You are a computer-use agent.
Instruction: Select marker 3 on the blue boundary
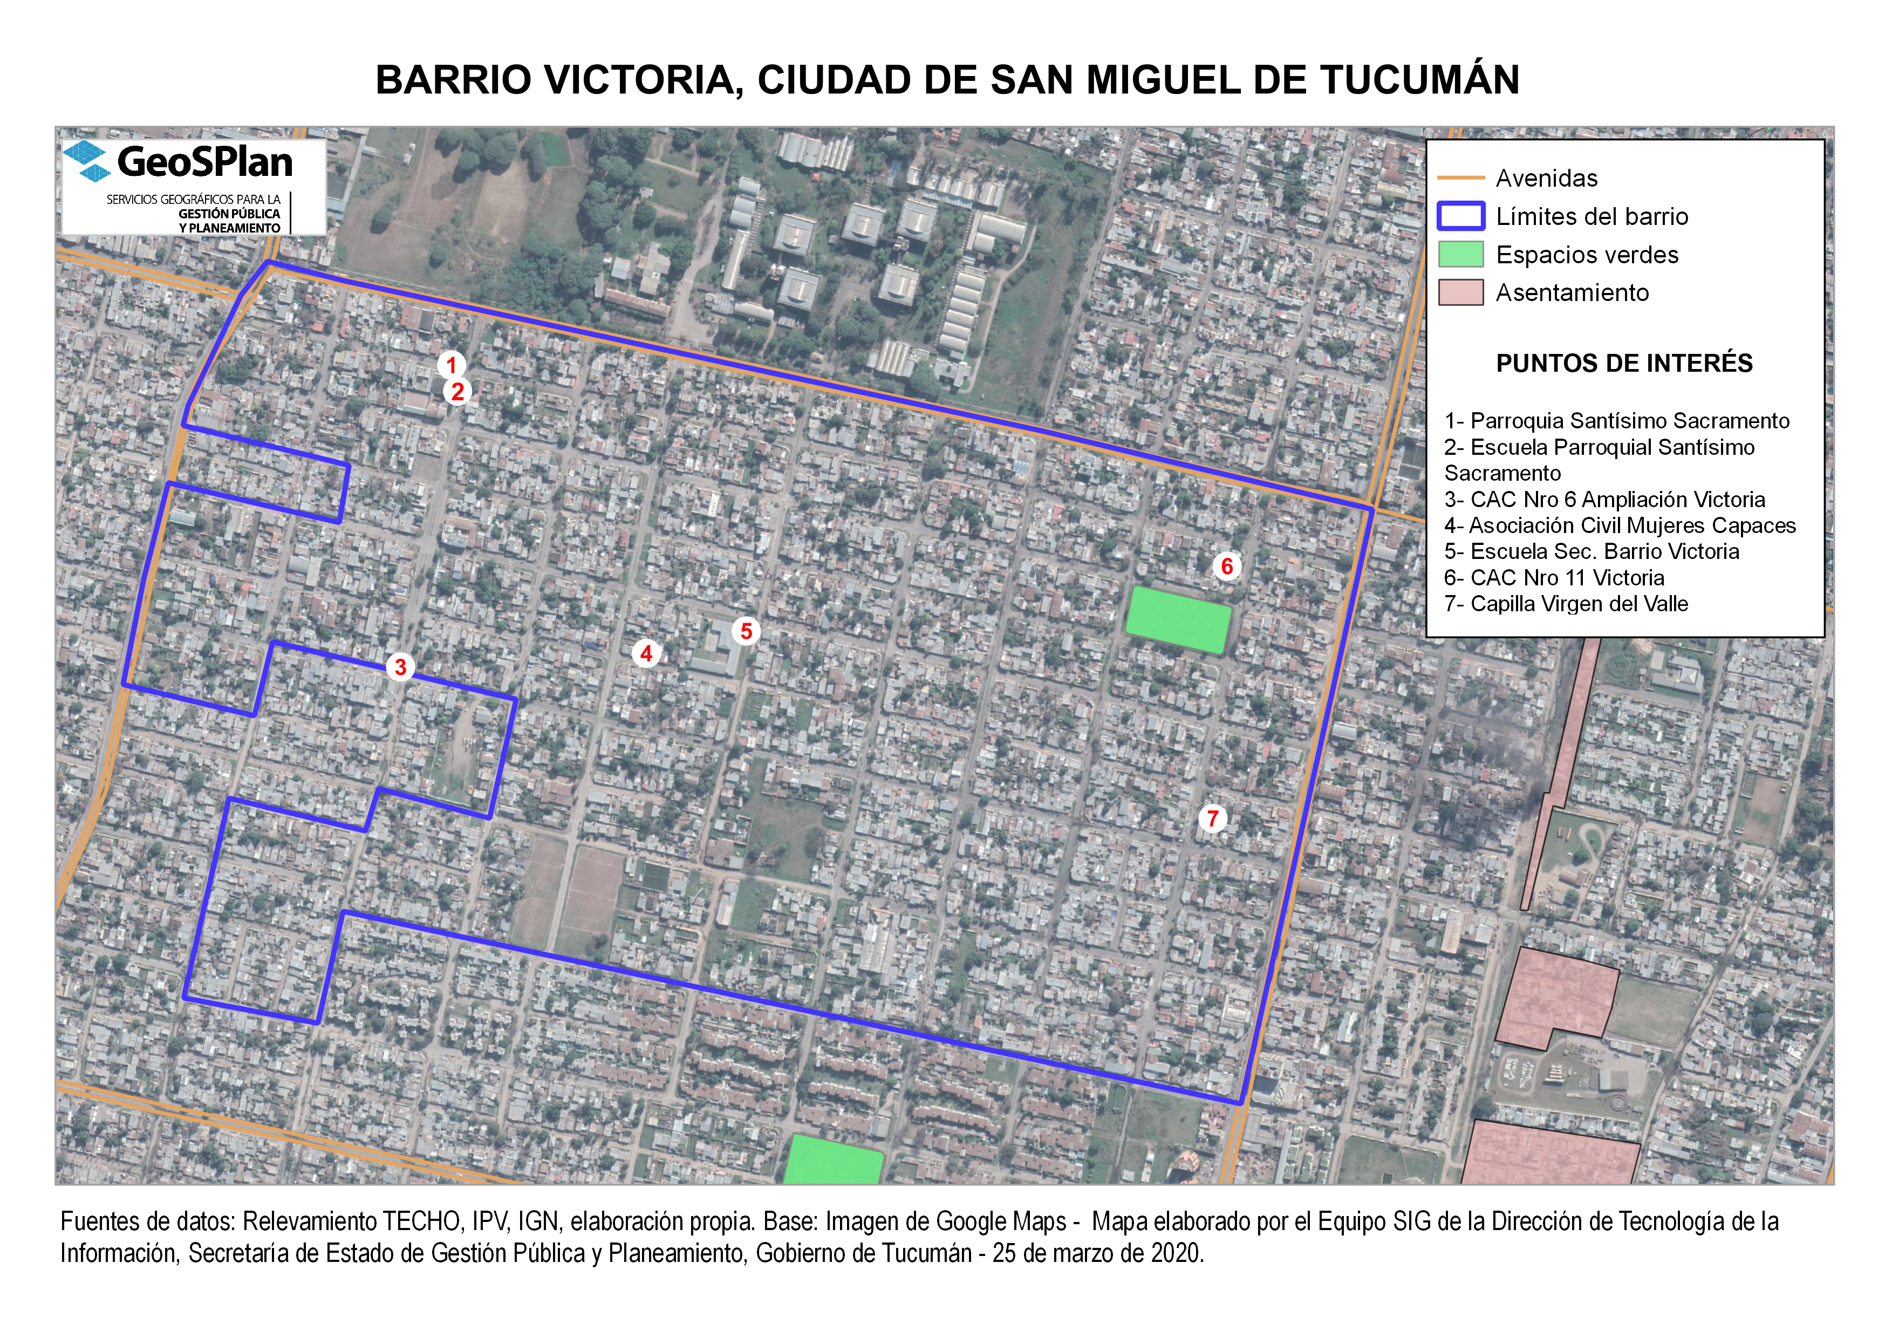tap(400, 666)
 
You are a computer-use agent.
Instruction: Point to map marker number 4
tap(646, 653)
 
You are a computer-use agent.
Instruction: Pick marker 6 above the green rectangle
tap(1227, 566)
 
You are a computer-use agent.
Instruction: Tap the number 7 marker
tap(1213, 818)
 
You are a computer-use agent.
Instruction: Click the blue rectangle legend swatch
tap(1460, 216)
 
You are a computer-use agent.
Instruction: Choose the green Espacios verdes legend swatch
tap(1460, 255)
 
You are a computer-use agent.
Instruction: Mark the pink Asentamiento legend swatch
tap(1460, 292)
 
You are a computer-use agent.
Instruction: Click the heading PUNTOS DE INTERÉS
tap(1623, 363)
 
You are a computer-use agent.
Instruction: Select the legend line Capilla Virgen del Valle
tap(1566, 604)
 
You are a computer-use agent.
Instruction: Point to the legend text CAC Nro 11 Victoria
tap(1553, 577)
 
